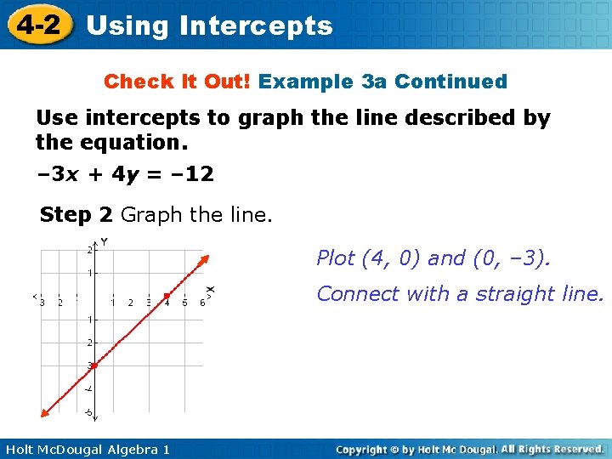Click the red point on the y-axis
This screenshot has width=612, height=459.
point(94,365)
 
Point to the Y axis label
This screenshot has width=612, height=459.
point(104,242)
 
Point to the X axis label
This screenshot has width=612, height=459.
point(211,291)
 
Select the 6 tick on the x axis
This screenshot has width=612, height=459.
point(202,303)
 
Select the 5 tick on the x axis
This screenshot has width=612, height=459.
point(184,303)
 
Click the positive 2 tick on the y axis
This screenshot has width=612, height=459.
point(88,250)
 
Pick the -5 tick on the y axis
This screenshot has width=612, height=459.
point(88,412)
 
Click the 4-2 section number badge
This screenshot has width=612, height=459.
point(37,25)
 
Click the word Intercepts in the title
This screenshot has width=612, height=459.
point(256,25)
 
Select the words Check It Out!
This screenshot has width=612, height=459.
point(178,82)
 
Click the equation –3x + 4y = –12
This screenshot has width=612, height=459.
point(125,175)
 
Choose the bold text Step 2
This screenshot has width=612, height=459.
point(77,215)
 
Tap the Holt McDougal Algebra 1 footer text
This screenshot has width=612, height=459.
point(85,449)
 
